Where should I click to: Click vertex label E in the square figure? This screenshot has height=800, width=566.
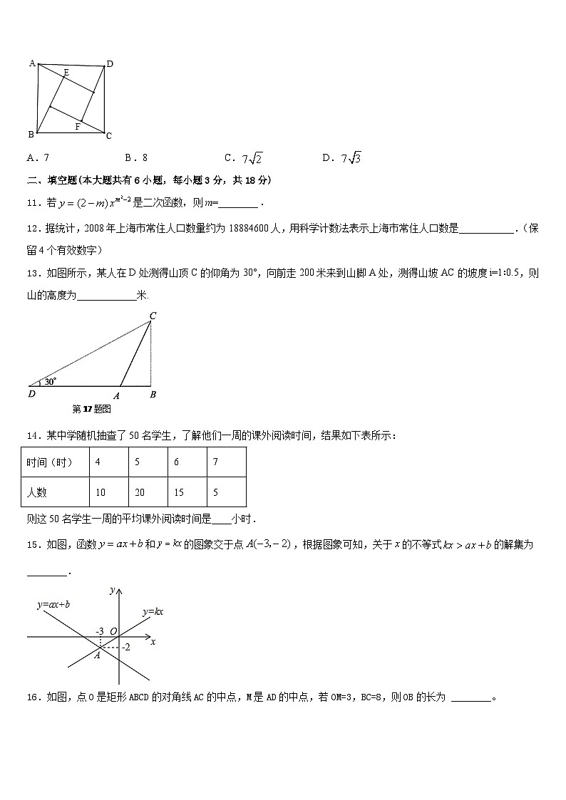tap(66, 72)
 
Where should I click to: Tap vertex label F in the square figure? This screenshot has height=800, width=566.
tap(77, 127)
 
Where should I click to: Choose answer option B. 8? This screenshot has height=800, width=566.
tap(136, 157)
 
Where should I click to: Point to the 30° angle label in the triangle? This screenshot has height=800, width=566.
tap(50, 381)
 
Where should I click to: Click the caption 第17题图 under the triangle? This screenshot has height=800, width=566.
tap(92, 409)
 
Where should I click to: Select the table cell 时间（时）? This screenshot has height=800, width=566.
tap(50, 462)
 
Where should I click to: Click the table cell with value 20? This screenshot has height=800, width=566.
tap(140, 492)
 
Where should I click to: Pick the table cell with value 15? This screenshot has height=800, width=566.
tap(180, 492)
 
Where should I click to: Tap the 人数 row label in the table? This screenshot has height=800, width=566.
tap(37, 492)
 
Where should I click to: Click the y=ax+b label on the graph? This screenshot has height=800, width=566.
tap(53, 604)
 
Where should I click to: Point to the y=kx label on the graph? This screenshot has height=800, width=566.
tap(153, 612)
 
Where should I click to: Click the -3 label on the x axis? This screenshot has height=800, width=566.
tap(101, 631)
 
